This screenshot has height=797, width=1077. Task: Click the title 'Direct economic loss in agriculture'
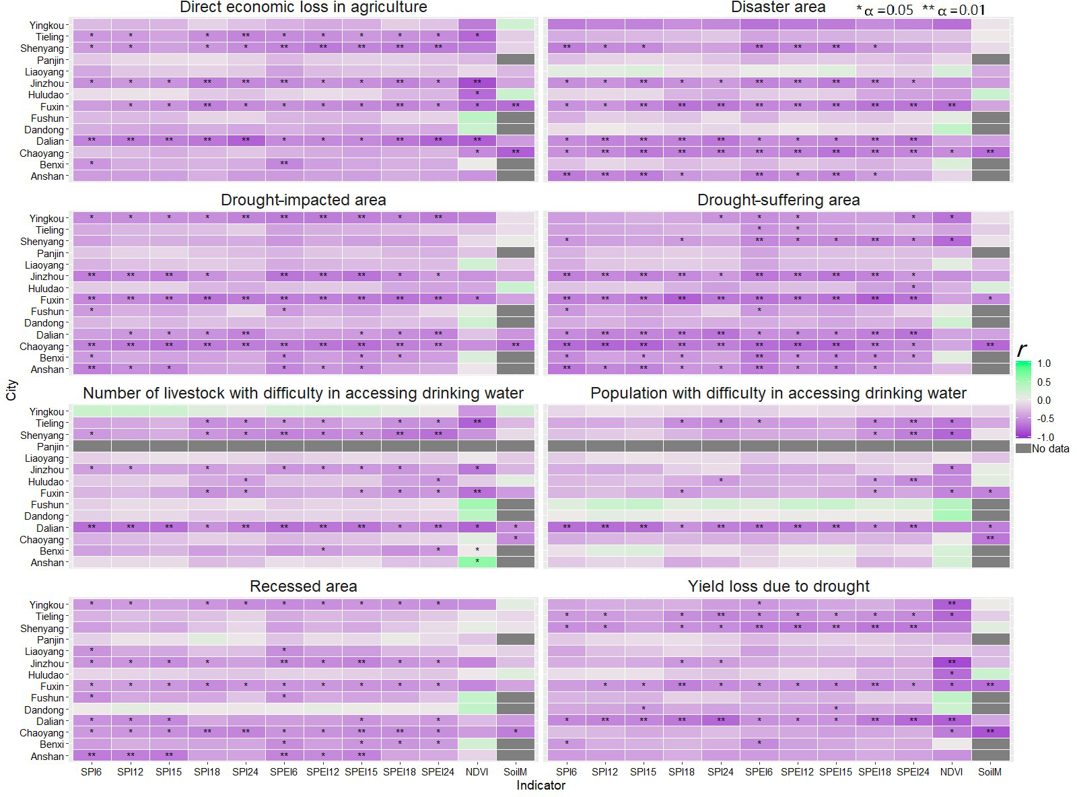point(303,8)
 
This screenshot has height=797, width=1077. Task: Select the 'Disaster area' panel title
point(778,8)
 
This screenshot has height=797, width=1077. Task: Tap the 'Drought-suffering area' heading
point(778,200)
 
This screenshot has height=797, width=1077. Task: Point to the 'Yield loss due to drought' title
point(778,586)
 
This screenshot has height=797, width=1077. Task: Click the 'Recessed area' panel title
point(303,586)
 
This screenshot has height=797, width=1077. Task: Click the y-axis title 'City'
point(11,390)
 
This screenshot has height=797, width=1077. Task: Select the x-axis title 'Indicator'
point(541,786)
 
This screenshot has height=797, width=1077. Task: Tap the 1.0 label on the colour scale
point(1043,363)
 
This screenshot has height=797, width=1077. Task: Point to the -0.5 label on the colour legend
point(1043,419)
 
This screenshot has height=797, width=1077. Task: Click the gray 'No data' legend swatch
point(1023,448)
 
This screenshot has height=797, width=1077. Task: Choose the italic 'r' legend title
point(1022,349)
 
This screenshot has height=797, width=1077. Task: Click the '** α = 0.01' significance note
point(954,9)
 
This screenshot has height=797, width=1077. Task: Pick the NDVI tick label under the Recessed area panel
point(477,772)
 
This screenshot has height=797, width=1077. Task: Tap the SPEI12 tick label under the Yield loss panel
point(797,772)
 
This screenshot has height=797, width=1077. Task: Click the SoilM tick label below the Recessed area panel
point(516,772)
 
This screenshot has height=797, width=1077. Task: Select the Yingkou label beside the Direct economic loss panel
point(46,26)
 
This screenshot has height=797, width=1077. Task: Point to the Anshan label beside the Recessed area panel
point(47,757)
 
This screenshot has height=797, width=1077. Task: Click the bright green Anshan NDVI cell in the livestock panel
point(477,561)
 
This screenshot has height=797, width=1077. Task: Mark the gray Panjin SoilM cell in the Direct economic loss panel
point(516,60)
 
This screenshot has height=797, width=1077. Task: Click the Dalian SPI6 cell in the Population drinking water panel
point(566,527)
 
